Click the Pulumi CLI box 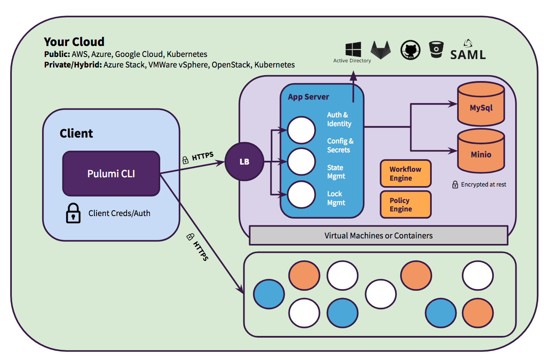click(x=111, y=173)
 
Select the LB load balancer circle click(x=244, y=162)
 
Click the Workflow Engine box click(x=405, y=173)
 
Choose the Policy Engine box click(x=405, y=205)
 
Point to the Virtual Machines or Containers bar click(x=378, y=235)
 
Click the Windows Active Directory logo click(x=353, y=49)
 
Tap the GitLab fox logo click(x=381, y=50)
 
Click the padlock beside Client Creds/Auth click(x=73, y=213)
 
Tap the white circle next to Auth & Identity click(x=301, y=130)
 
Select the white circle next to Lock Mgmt click(x=301, y=195)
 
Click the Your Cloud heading click(x=74, y=42)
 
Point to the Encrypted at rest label click(x=483, y=184)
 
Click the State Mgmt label click(x=336, y=172)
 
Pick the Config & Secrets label click(x=340, y=145)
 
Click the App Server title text click(x=308, y=97)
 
